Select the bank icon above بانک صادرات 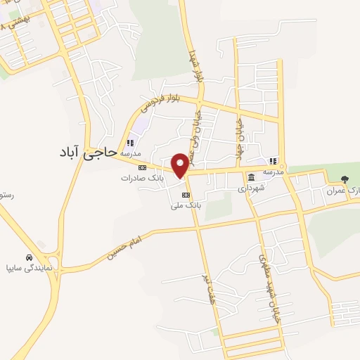pos(142,167)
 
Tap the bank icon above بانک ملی pos(186,195)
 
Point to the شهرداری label pos(251,188)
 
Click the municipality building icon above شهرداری pos(252,176)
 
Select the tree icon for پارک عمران pos(344,179)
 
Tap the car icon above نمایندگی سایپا pos(28,257)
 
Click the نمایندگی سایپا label pos(28,268)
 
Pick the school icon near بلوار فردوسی pos(129,143)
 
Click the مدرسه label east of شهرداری pos(274,172)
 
